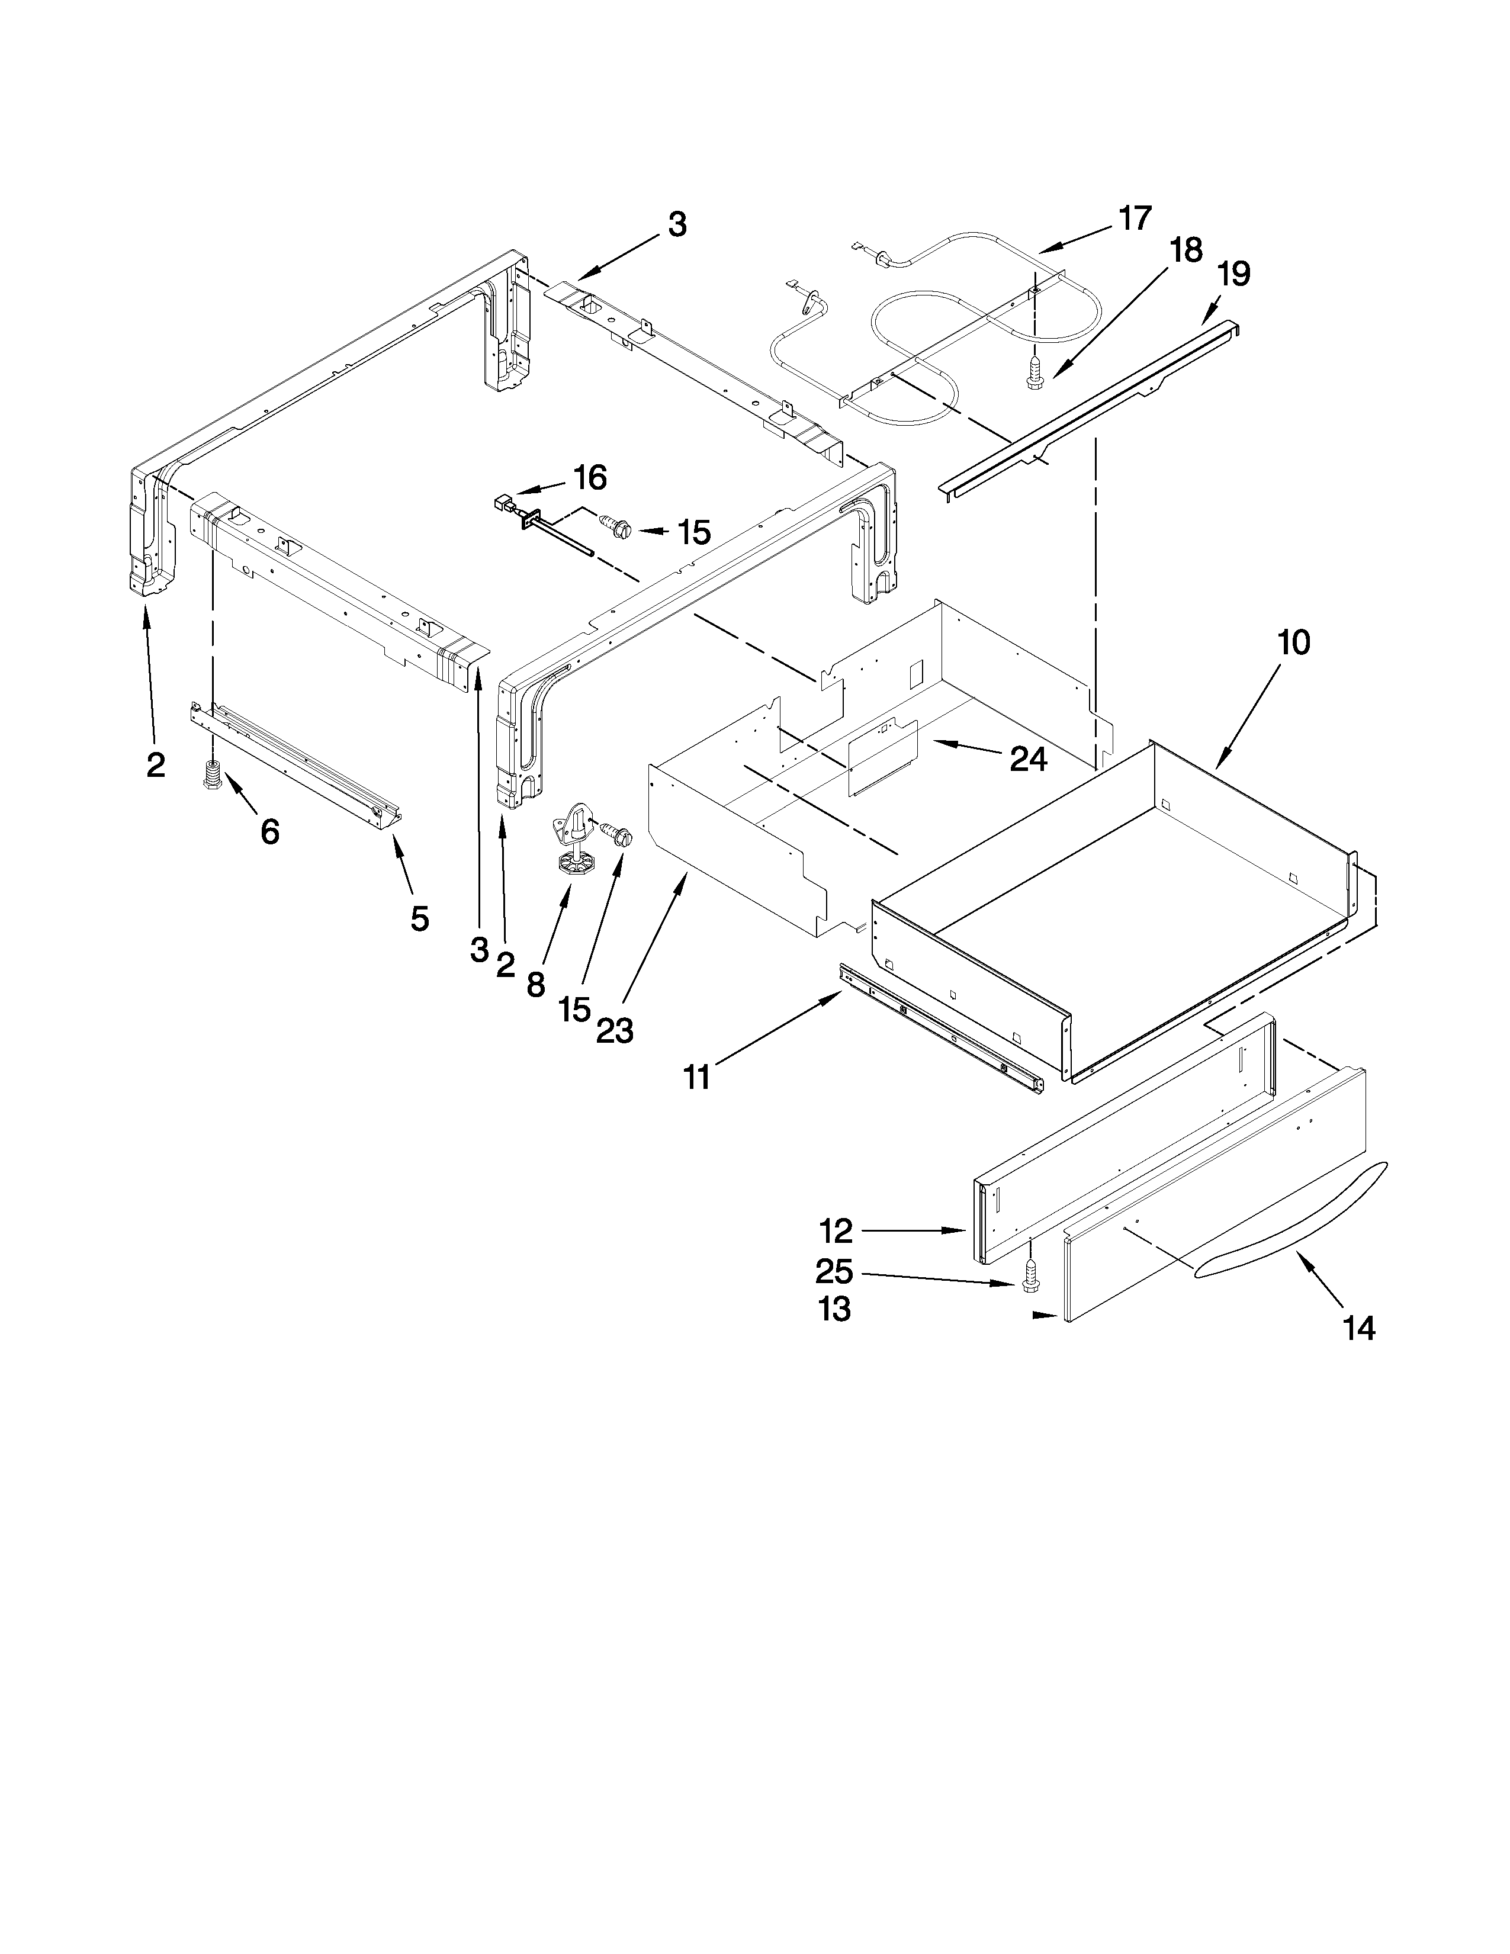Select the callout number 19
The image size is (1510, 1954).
click(x=1233, y=273)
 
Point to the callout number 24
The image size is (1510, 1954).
click(x=1028, y=759)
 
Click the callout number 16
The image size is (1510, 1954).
click(x=590, y=478)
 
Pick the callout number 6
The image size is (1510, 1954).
click(x=269, y=831)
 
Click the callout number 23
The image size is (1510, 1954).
click(x=615, y=1031)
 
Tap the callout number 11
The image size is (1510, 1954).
click(x=697, y=1077)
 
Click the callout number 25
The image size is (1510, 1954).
click(x=834, y=1271)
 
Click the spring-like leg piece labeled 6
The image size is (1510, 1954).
click(x=213, y=774)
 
